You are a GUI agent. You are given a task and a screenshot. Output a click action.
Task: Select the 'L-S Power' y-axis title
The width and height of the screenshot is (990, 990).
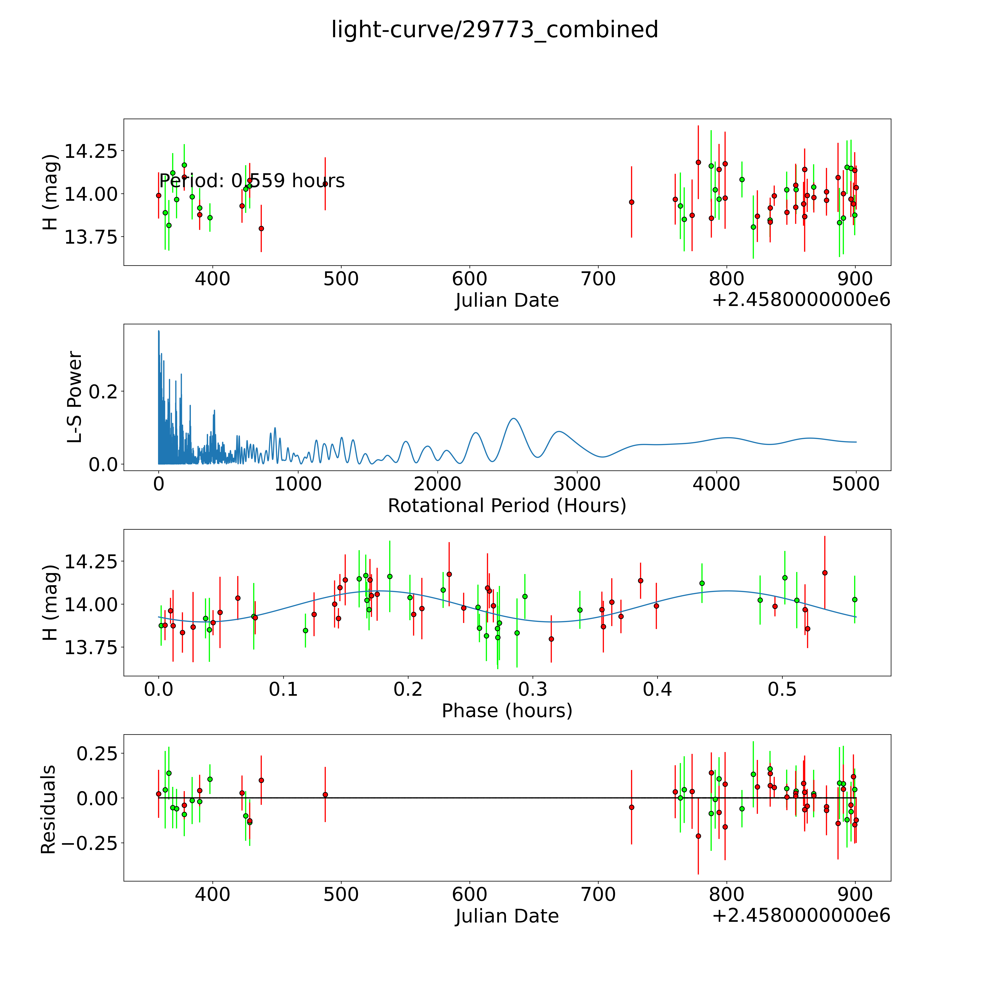pos(75,397)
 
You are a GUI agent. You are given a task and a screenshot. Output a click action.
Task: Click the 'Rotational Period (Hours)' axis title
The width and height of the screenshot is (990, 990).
pos(507,506)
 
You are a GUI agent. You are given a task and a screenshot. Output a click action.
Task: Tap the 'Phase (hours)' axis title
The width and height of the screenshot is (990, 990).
pos(507,711)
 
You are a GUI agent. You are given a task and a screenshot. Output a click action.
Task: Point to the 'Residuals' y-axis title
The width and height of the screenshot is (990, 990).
pos(48,810)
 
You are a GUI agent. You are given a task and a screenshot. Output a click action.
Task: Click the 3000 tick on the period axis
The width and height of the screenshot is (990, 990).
pos(577,484)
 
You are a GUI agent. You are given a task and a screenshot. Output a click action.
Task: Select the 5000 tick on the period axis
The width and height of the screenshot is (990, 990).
pos(856,484)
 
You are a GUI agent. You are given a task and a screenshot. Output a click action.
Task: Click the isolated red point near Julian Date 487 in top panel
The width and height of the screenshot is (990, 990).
pos(325,184)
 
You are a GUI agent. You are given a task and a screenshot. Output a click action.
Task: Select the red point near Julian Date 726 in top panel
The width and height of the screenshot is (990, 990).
pos(631,202)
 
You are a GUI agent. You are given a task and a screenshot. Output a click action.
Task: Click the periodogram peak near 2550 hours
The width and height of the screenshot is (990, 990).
pos(514,419)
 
